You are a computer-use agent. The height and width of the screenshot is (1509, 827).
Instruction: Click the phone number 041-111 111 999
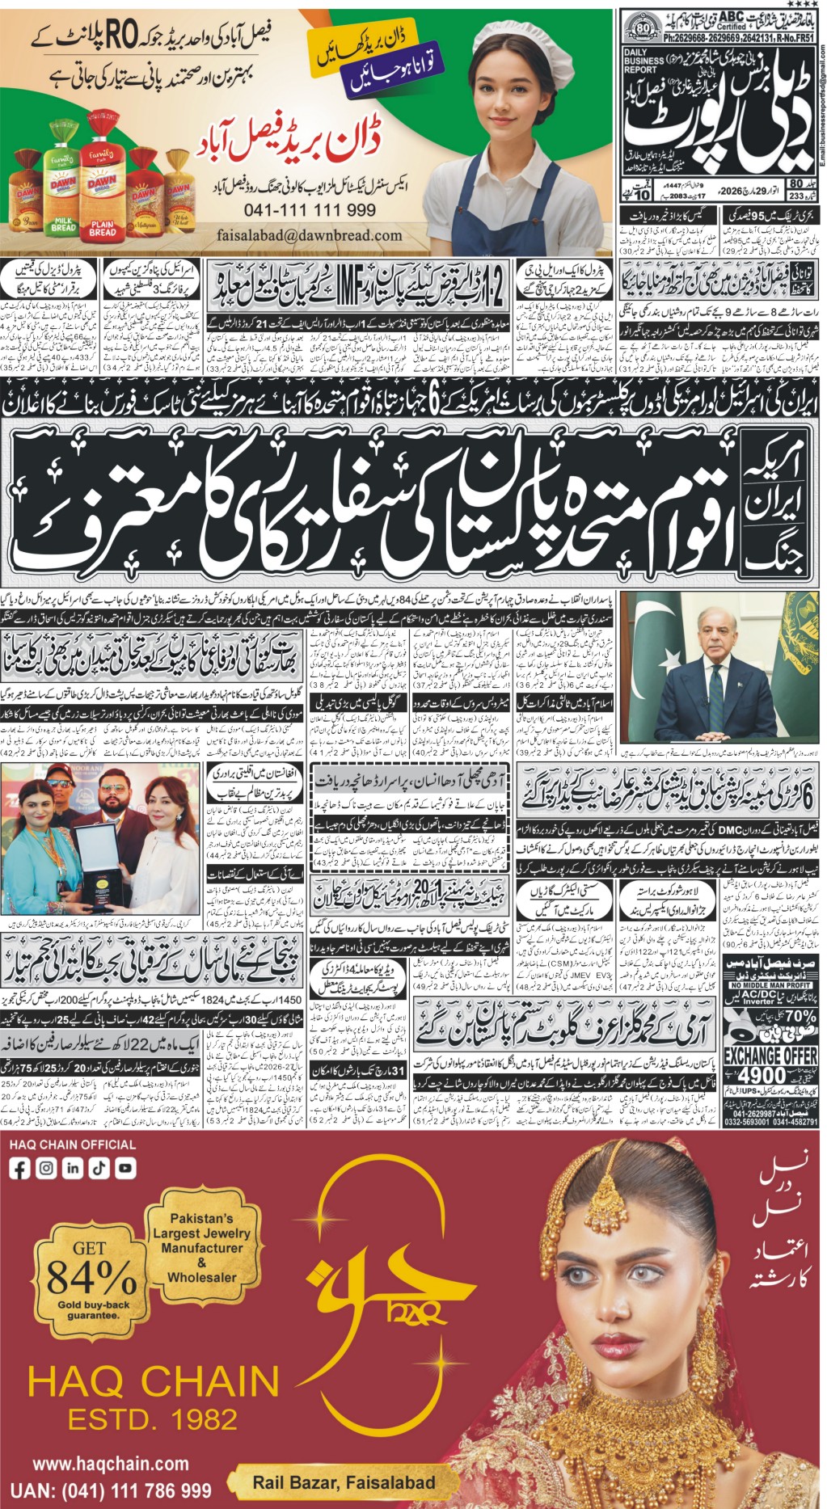tap(310, 210)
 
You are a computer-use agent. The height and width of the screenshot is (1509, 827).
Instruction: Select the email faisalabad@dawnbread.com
tap(310, 235)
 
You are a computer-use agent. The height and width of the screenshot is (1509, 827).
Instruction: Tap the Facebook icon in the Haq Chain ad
tap(20, 1168)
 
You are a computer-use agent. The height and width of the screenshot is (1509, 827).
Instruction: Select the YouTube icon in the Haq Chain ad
tap(125, 1168)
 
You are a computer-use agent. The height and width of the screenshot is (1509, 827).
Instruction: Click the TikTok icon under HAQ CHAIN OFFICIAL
tap(99, 1168)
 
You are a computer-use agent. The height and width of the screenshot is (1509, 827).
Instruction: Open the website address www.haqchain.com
tap(111, 1464)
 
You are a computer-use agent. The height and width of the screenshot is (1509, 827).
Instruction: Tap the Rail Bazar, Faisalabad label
tap(344, 1482)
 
